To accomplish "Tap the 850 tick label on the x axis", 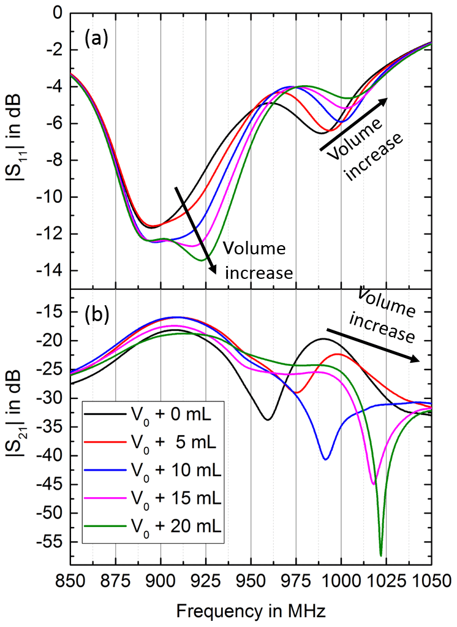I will pyautogui.click(x=70, y=579).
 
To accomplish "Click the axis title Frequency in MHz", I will pyautogui.click(x=251, y=610).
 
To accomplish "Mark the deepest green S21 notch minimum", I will pyautogui.click(x=380, y=555).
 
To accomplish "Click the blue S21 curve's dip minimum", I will pyautogui.click(x=325, y=459).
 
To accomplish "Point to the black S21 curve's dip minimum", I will pyautogui.click(x=268, y=420).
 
